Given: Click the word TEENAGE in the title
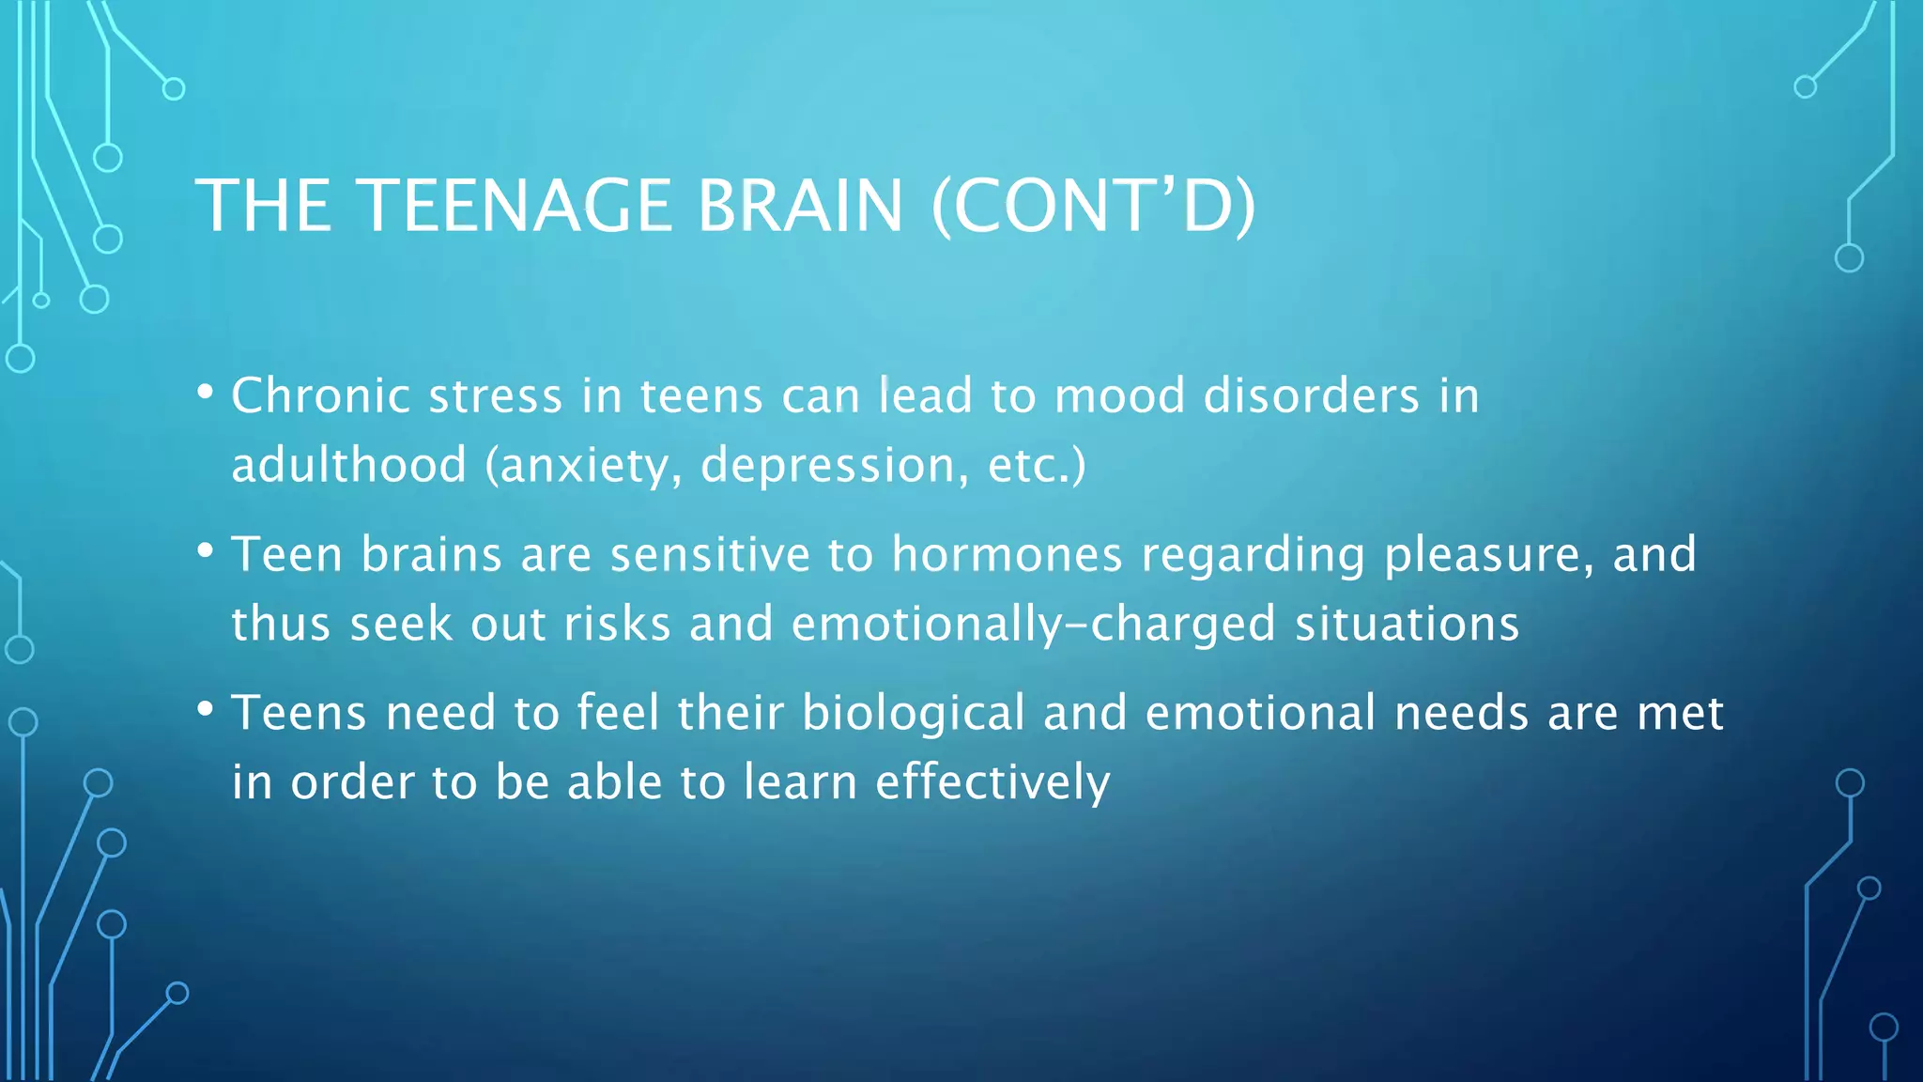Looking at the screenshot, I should (514, 206).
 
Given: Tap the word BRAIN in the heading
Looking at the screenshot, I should (799, 206).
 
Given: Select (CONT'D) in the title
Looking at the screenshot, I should (1093, 206).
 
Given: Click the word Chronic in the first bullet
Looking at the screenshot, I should (319, 395).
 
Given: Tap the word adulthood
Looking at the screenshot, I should (348, 465).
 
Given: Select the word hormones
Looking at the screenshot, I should (1007, 554).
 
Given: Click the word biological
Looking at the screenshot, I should (913, 714).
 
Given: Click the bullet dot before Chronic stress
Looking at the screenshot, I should (206, 392).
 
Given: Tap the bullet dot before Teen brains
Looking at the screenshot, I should (206, 550).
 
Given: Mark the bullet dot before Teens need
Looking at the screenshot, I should (206, 709).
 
